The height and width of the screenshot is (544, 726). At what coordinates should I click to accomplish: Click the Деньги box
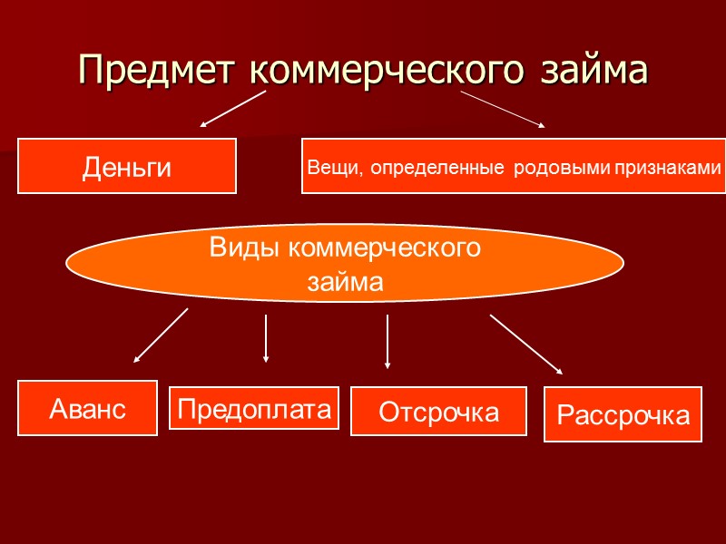(127, 166)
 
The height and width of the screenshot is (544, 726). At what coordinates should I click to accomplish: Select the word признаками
(666, 168)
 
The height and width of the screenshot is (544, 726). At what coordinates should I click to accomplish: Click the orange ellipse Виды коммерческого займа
(345, 264)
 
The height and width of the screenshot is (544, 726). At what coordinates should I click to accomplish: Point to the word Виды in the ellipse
(238, 247)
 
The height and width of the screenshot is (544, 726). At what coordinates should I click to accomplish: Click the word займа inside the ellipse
(345, 282)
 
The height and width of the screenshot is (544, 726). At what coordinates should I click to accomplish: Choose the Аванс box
(88, 408)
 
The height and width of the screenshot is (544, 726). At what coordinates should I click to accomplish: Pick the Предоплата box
(254, 408)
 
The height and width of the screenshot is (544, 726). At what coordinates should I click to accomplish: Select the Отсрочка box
(438, 413)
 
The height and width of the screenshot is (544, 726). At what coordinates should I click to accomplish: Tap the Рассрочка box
(623, 415)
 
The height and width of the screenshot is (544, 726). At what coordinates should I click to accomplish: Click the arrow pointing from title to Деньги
(232, 108)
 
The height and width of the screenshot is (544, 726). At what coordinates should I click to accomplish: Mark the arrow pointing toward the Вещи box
(504, 109)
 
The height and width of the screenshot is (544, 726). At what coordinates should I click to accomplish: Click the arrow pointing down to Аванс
(161, 335)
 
